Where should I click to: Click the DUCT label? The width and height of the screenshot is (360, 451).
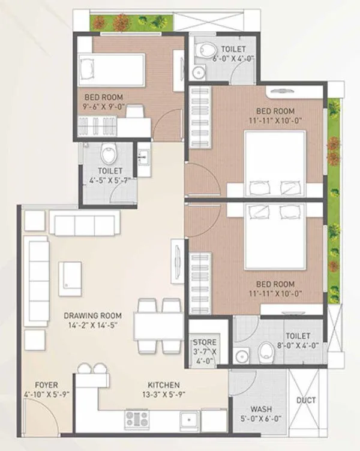tap(306, 401)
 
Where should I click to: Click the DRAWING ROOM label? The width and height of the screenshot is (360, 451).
tap(93, 315)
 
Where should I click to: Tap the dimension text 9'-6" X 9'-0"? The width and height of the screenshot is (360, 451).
tap(103, 106)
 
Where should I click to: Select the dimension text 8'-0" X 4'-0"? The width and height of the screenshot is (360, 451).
tap(298, 346)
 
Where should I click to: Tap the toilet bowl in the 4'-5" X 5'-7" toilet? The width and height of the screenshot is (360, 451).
tap(109, 154)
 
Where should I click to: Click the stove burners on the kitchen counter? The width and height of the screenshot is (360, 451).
tap(137, 419)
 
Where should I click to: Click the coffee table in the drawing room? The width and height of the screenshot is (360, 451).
tap(70, 278)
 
